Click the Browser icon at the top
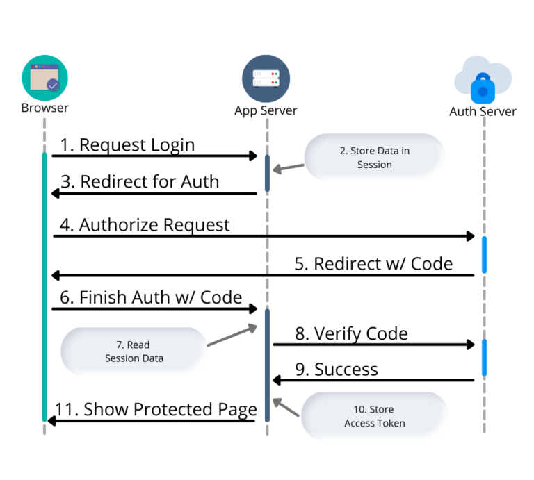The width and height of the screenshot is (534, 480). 44,77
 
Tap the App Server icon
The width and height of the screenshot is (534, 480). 266,78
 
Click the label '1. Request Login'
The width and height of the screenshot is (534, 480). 127,144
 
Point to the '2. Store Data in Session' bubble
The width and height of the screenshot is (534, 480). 374,158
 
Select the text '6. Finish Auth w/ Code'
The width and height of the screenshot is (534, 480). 151,297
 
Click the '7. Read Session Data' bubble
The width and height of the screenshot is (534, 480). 133,351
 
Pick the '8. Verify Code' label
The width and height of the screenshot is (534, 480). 351,333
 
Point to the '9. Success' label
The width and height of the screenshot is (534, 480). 337,369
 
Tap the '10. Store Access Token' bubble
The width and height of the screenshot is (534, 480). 374,416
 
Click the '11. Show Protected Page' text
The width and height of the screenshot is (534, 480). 156,409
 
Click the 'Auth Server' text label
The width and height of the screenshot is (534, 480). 483,111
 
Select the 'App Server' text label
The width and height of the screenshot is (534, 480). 266,110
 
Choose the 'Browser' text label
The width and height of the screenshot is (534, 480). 44,108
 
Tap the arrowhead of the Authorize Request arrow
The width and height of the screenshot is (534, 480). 470,236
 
